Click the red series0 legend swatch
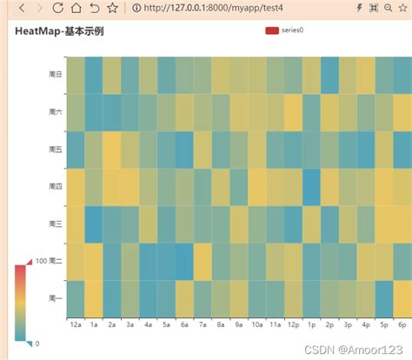[x=272, y=30]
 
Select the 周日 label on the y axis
[x=55, y=75]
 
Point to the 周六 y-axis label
[x=55, y=112]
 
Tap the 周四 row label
[x=55, y=186]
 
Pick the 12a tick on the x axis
[x=76, y=324]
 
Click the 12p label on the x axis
[x=293, y=324]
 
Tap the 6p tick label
[x=402, y=324]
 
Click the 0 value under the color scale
[x=36, y=343]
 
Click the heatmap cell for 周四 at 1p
[x=311, y=186]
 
